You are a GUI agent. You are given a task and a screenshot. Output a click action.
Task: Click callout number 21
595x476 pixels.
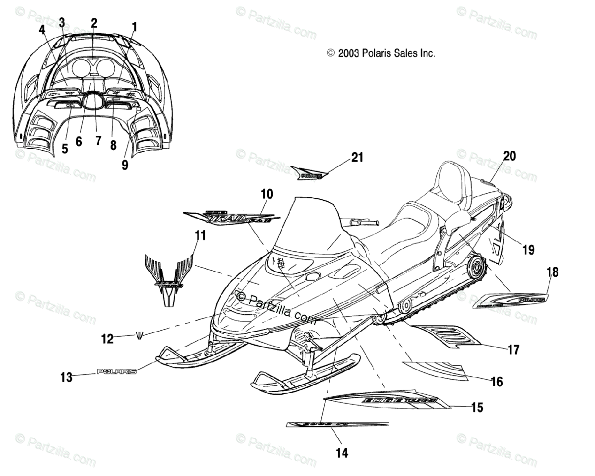pos(357,158)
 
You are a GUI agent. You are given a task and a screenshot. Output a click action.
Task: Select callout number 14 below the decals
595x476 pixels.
pos(342,452)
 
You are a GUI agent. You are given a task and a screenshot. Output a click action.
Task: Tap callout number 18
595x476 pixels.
pos(552,272)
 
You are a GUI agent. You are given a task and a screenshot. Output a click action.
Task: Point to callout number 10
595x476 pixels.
pos(267,194)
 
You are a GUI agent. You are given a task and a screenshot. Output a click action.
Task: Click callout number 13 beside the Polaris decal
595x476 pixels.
pos(66,377)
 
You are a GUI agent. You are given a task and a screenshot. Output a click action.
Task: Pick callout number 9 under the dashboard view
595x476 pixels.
pos(124,164)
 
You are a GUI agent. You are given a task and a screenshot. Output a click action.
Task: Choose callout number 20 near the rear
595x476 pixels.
pos(509,156)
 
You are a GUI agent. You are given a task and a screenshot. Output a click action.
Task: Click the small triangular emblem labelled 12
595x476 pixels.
pos(140,336)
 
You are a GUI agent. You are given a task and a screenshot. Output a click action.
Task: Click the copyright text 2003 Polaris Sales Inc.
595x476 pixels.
pos(381,53)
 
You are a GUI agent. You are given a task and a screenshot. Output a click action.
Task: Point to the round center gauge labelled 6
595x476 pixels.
pos(91,102)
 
